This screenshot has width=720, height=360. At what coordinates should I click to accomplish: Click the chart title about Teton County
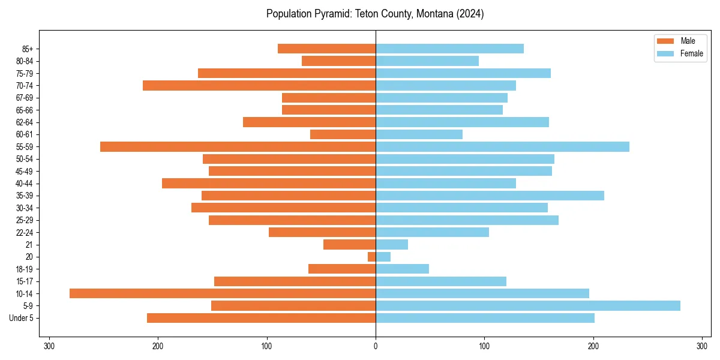point(375,14)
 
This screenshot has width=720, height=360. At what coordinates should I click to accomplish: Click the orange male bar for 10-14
point(223,293)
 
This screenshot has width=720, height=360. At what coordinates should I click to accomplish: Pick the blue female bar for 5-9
point(528,306)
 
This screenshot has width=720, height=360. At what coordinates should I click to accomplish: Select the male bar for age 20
point(372,257)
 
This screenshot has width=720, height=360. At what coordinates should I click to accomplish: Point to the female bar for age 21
point(392,245)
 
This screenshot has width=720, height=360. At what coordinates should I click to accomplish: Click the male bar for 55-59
point(238,147)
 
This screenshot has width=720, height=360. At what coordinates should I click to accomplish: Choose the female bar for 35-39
point(490,196)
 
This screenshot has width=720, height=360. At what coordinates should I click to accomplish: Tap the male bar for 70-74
point(259,86)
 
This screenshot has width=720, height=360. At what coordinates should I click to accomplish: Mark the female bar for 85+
point(449,49)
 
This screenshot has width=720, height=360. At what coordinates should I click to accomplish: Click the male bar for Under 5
point(261,318)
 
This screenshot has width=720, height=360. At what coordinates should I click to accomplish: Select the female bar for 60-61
point(419,134)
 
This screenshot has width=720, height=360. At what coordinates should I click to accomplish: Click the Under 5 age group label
point(21,318)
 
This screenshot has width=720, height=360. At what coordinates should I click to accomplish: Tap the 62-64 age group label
point(24,122)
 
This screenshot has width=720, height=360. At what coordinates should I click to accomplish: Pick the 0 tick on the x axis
point(376,346)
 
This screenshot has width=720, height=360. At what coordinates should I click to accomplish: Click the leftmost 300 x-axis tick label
point(49,346)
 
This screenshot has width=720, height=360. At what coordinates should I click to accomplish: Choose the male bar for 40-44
point(269,184)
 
